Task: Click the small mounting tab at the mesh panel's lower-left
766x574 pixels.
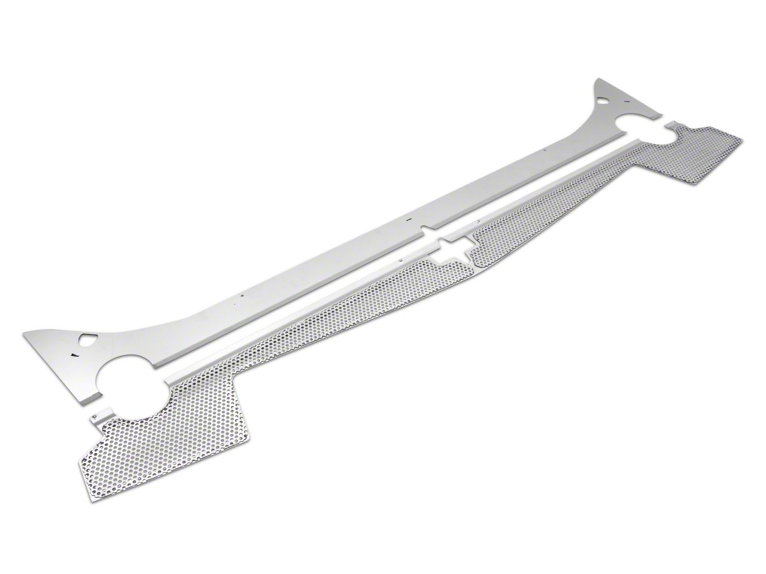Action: pyautogui.click(x=97, y=420)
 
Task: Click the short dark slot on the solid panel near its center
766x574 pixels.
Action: pyautogui.click(x=409, y=220)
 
